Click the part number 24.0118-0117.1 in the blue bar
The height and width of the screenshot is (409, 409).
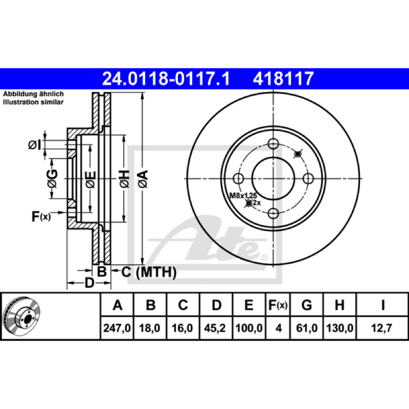(166, 79)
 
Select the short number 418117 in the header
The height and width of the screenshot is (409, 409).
(283, 79)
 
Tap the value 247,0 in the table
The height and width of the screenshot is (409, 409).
(117, 328)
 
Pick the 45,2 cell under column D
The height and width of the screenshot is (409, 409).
(215, 328)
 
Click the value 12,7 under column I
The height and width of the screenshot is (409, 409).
(381, 328)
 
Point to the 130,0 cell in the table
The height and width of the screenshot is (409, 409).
(339, 328)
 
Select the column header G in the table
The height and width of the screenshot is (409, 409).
(307, 305)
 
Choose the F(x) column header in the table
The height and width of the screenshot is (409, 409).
(278, 305)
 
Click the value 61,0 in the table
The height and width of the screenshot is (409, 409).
(307, 328)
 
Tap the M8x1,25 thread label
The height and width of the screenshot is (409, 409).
(243, 195)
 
